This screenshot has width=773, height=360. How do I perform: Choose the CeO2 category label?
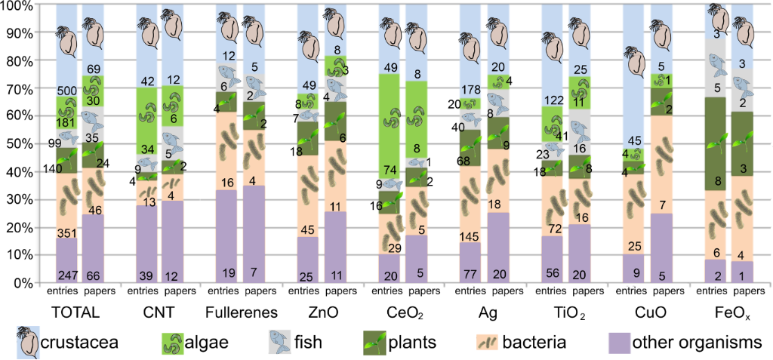click(x=406, y=312)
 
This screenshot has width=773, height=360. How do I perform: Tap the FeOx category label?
click(x=728, y=312)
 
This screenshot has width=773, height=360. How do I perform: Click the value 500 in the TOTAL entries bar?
click(x=66, y=90)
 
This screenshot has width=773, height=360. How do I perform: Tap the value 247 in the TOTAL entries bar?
click(x=67, y=273)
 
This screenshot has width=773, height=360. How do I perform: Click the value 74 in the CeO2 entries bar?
click(x=391, y=170)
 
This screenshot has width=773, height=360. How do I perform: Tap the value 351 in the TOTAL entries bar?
click(x=67, y=233)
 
